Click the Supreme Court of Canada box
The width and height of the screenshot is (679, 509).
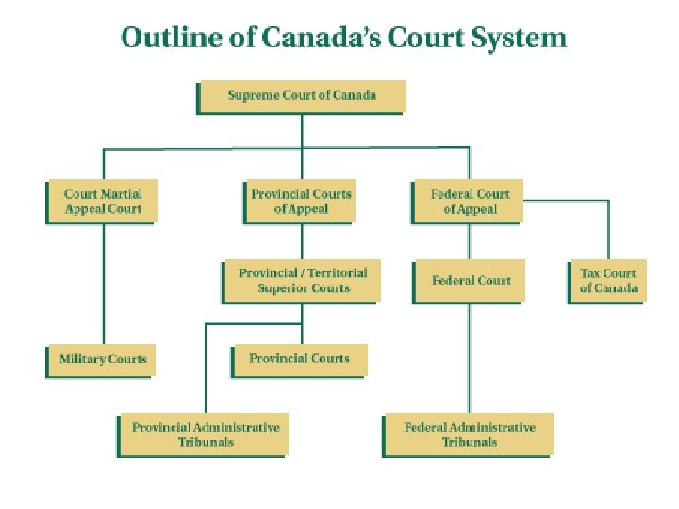tap(302, 95)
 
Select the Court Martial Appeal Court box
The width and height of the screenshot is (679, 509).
tap(103, 201)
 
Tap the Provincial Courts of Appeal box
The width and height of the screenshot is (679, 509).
tap(301, 201)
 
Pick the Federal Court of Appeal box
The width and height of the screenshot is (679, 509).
tap(470, 201)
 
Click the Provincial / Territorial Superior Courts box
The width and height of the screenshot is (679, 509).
tap(303, 280)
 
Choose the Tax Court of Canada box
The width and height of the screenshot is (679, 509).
tap(608, 280)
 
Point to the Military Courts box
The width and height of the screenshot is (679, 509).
tap(103, 359)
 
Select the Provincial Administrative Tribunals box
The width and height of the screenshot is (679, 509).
tap(206, 435)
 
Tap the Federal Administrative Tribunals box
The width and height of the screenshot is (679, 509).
tap(469, 435)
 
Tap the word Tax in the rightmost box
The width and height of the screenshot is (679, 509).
tap(590, 273)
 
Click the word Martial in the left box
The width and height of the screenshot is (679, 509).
tap(122, 194)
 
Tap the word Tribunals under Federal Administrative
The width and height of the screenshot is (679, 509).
tap(469, 442)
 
